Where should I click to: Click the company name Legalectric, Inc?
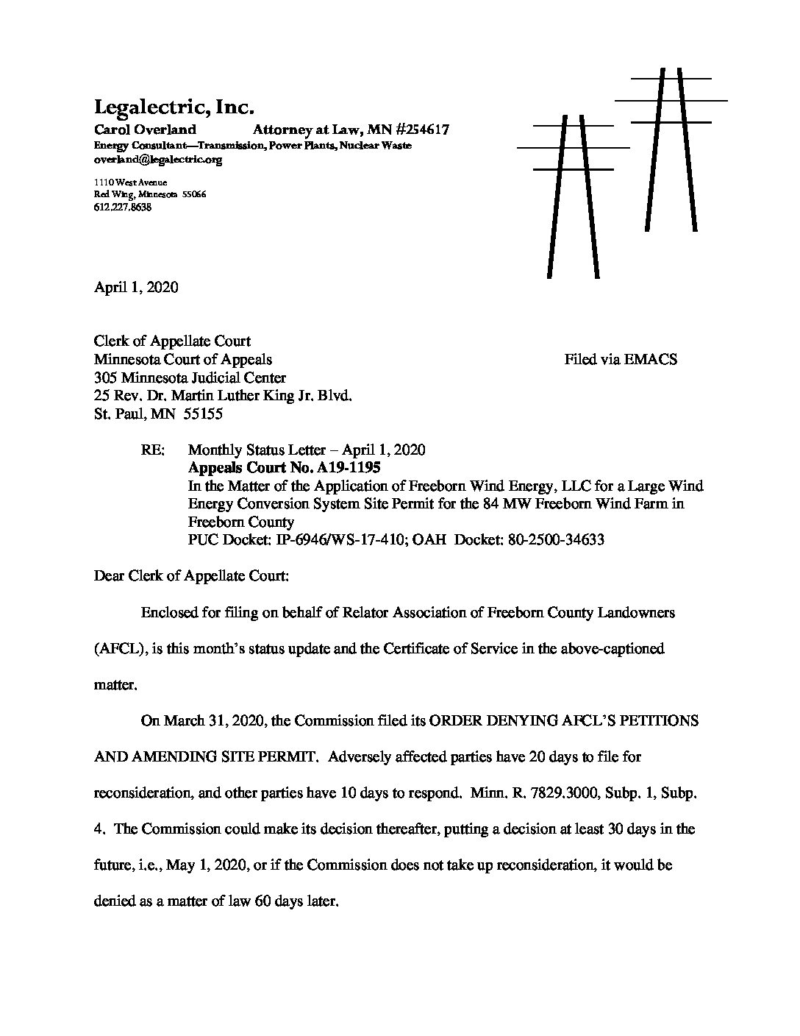174,107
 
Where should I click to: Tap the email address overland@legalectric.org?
158,159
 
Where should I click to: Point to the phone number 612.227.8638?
123,207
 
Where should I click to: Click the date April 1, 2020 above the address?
136,287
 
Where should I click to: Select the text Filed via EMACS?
621,359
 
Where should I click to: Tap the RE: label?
154,450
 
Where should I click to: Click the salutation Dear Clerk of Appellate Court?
191,575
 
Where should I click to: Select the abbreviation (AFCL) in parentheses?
115,649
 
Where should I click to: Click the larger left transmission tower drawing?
573,195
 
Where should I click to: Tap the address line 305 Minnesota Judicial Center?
190,378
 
